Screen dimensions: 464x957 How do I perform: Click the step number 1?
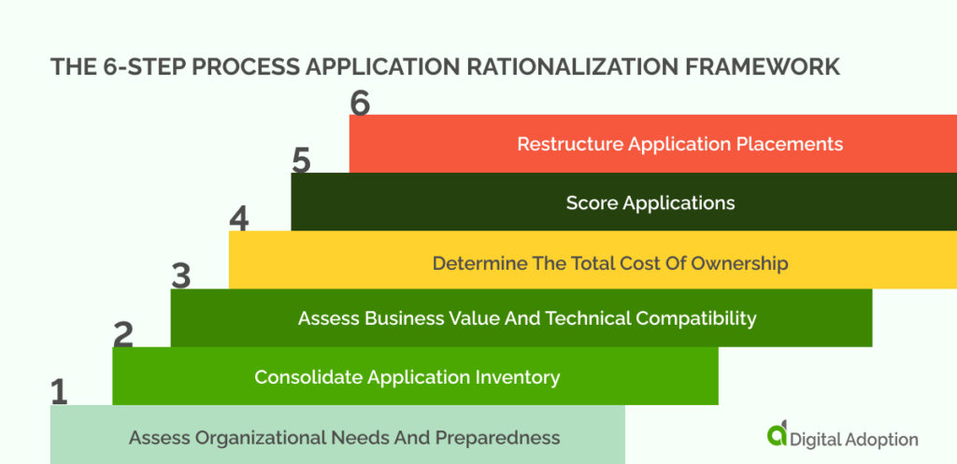tap(59, 392)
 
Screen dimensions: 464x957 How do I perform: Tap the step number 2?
tap(122, 334)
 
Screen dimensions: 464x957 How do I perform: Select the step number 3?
tap(181, 276)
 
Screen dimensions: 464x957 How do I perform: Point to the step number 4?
tap(239, 218)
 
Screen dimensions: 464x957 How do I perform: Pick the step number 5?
tap(300, 161)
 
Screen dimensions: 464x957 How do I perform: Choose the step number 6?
tap(360, 103)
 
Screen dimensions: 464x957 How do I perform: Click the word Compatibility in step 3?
tap(696, 318)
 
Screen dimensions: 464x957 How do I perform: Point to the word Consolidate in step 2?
tap(308, 377)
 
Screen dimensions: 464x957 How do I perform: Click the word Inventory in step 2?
tap(517, 377)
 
